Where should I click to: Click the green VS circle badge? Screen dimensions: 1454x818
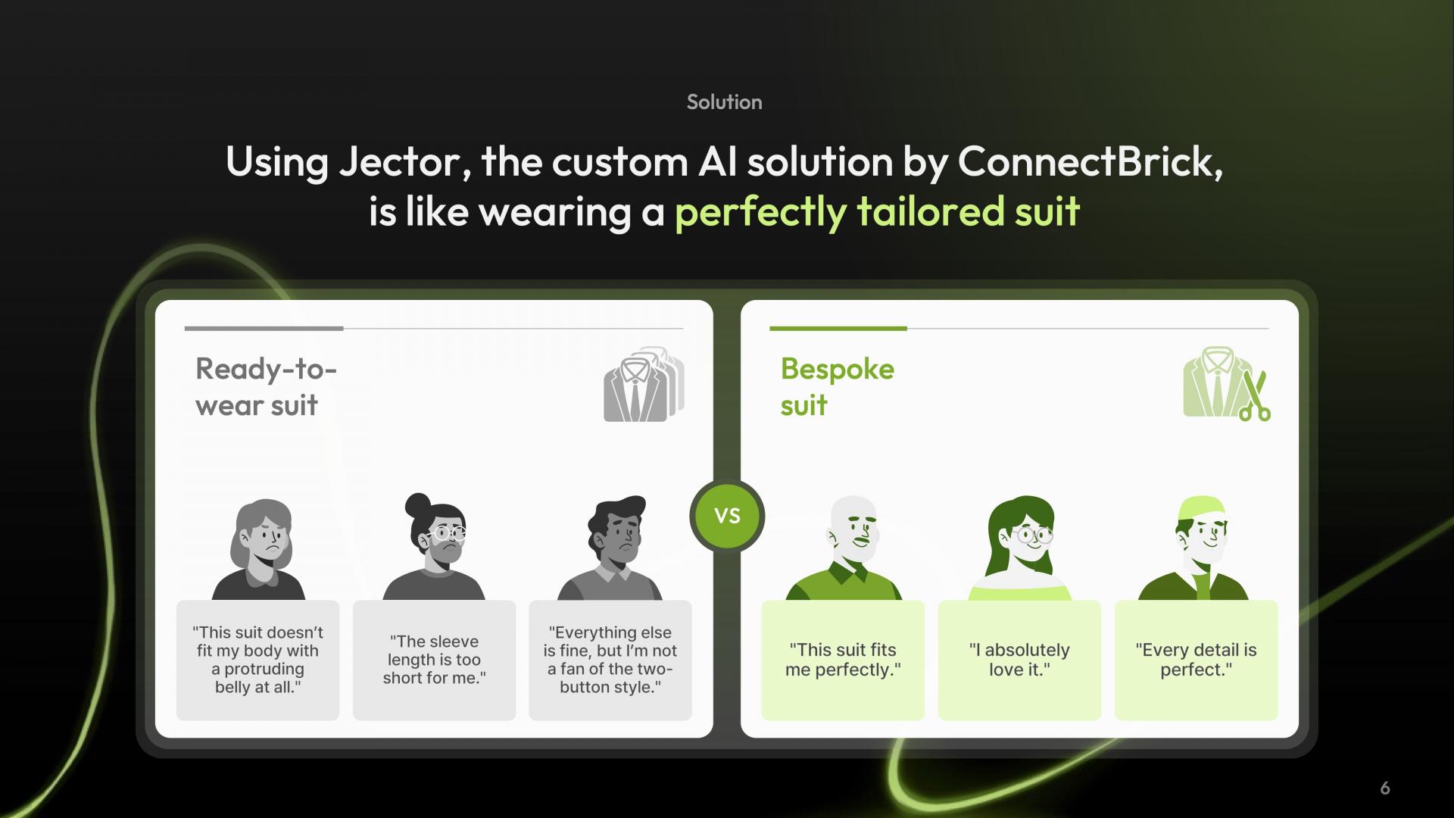coord(727,516)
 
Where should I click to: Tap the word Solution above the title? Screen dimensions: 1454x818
coord(724,102)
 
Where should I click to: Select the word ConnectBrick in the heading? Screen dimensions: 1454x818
coord(1090,161)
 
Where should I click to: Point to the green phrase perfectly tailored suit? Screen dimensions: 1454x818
coord(877,212)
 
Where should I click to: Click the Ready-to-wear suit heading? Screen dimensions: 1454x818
coord(266,387)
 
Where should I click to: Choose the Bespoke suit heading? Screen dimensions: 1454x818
coord(838,387)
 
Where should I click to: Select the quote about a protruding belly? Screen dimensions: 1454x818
coord(257,660)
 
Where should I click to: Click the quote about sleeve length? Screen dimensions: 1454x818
coord(434,660)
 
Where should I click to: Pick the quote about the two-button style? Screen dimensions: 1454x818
coord(610,660)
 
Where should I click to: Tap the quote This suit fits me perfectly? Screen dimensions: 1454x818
coord(843,660)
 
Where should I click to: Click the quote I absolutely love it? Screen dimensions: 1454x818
coord(1019,660)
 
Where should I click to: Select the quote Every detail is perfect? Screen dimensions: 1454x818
coord(1196,660)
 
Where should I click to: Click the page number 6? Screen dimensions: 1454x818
coord(1385,788)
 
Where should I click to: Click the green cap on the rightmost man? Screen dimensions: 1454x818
coord(1201,508)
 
